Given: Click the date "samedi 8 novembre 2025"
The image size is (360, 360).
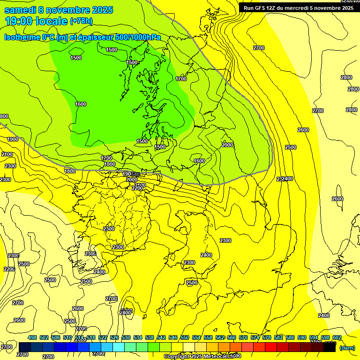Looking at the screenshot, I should pyautogui.click(x=59, y=10).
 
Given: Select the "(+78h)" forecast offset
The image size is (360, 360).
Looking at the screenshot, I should pyautogui.click(x=82, y=21).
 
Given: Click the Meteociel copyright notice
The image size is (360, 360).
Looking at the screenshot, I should pyautogui.click(x=199, y=356).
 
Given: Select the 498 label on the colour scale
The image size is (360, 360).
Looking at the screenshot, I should pyautogui.click(x=32, y=337).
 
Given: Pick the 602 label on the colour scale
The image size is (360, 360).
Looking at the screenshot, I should pyautogui.click(x=337, y=337).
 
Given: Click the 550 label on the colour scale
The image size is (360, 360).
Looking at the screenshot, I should pyautogui.click(x=185, y=337).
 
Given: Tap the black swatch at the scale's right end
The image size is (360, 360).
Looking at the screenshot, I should pyautogui.click(x=330, y=347).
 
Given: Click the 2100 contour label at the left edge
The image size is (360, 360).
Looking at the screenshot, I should pyautogui.click(x=7, y=154).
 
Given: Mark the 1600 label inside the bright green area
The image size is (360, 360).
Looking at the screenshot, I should pyautogui.click(x=81, y=104).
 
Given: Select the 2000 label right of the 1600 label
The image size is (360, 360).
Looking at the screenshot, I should pyautogui.click(x=227, y=145).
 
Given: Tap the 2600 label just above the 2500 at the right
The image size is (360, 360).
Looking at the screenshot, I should pyautogui.click(x=303, y=130).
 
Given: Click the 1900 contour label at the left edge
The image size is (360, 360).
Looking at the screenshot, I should pyautogui.click(x=13, y=139).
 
